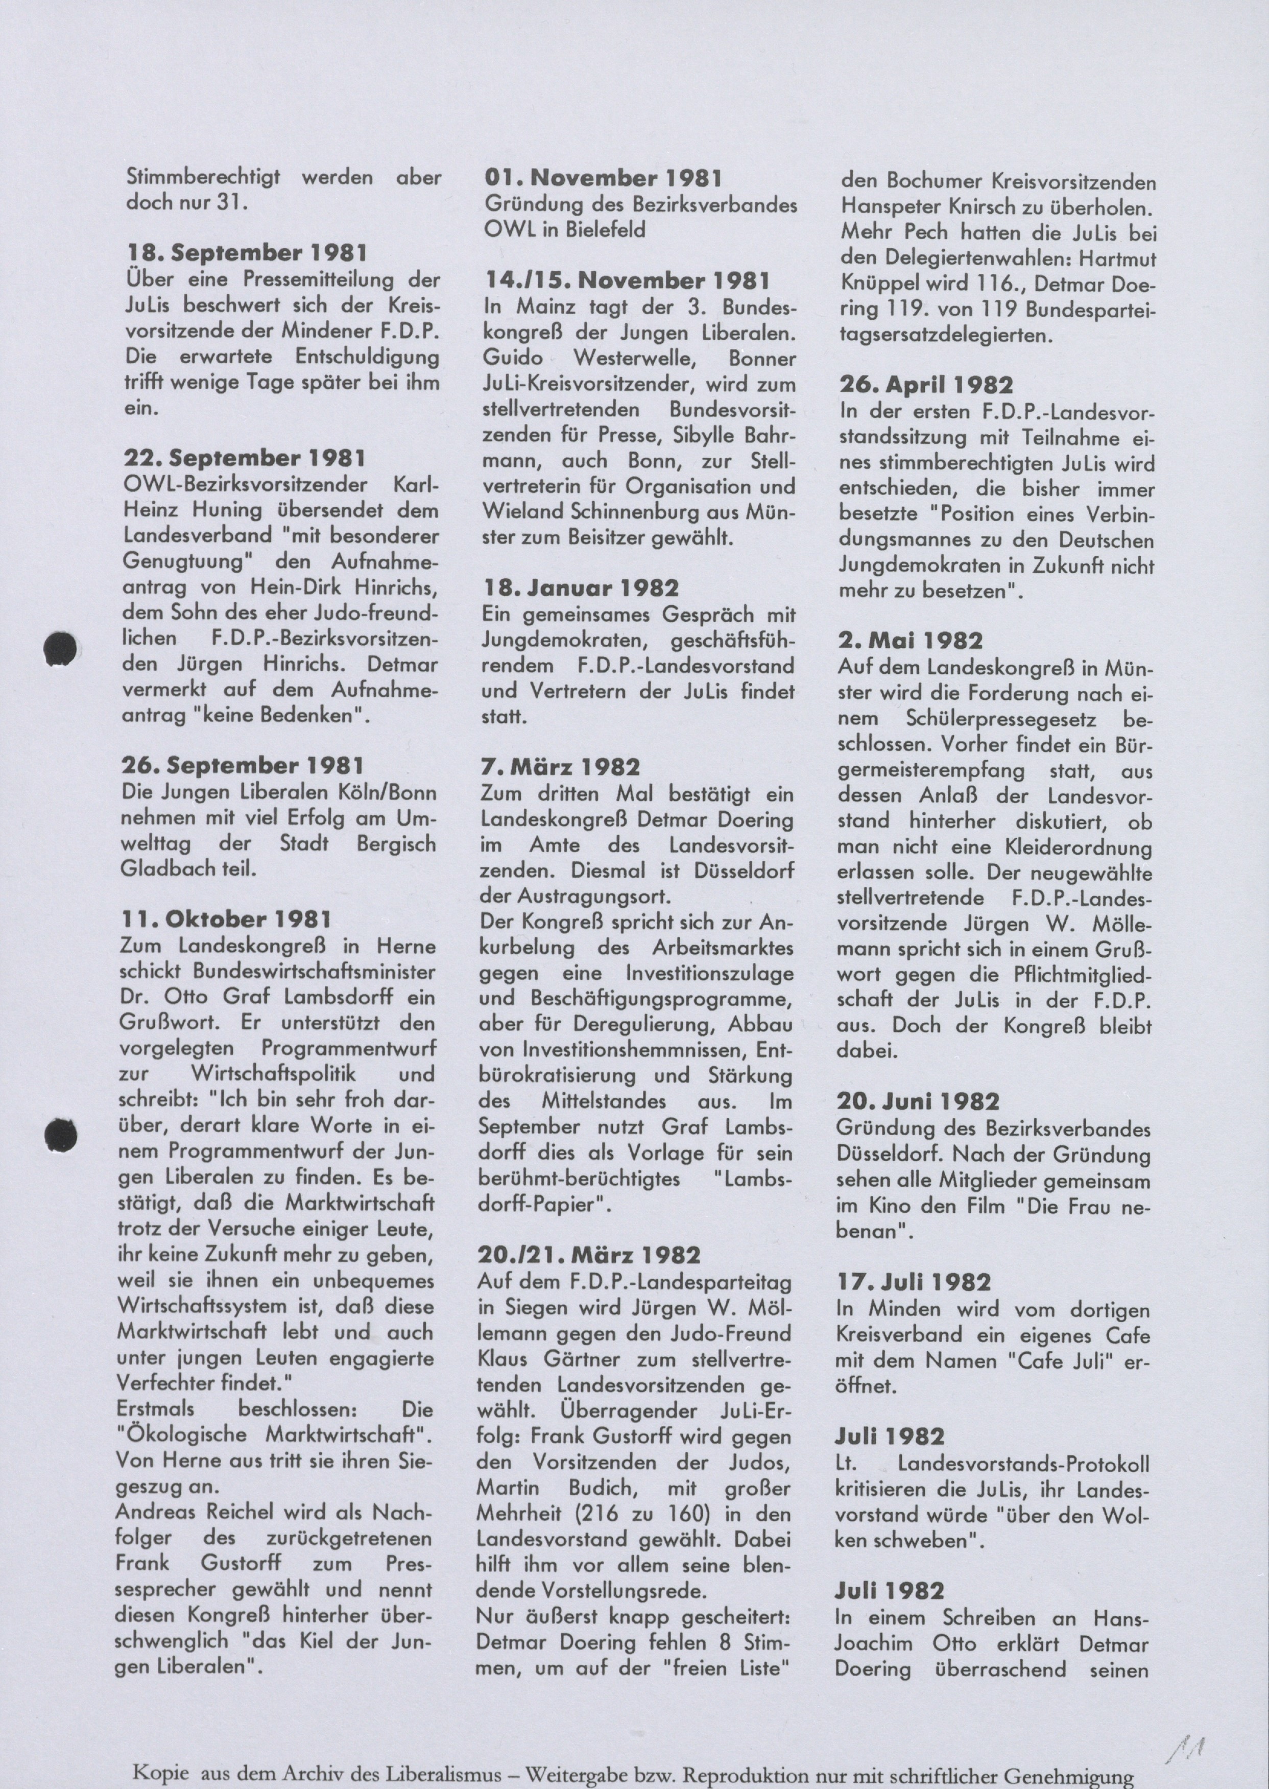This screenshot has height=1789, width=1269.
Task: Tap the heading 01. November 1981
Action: [603, 178]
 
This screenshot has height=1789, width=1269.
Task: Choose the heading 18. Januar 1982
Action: [581, 588]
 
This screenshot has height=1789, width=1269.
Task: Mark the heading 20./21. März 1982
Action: [589, 1255]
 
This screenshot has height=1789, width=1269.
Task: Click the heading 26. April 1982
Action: [926, 385]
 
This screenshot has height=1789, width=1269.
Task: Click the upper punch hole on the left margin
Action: [60, 649]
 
